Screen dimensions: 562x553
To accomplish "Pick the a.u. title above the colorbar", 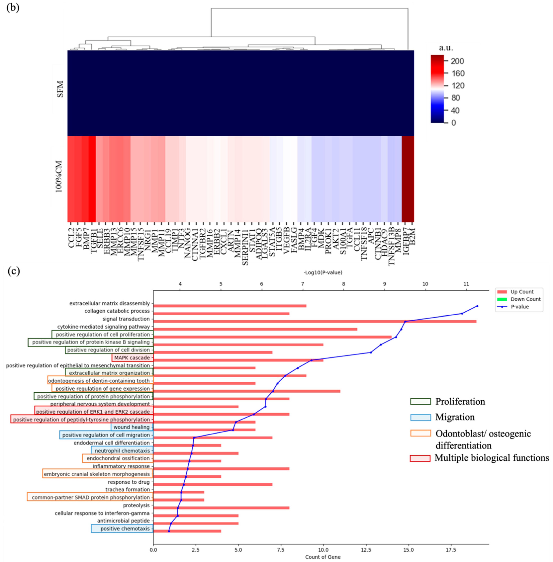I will click(x=446, y=48).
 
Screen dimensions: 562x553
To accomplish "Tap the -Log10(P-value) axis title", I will click(x=323, y=272).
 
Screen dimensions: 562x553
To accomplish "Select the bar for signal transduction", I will click(x=315, y=321).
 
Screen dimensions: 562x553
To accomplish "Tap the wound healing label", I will click(x=132, y=427).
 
